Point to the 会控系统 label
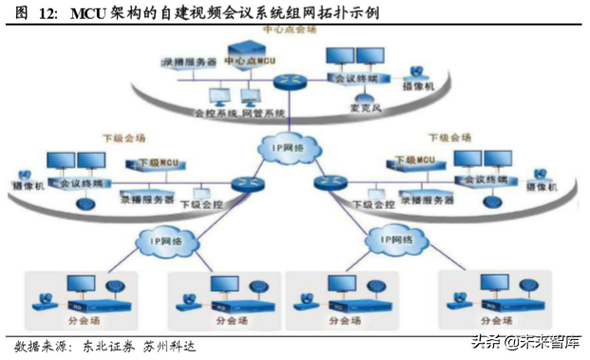214,113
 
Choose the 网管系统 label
261,113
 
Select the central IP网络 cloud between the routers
286,148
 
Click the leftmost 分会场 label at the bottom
74,321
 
